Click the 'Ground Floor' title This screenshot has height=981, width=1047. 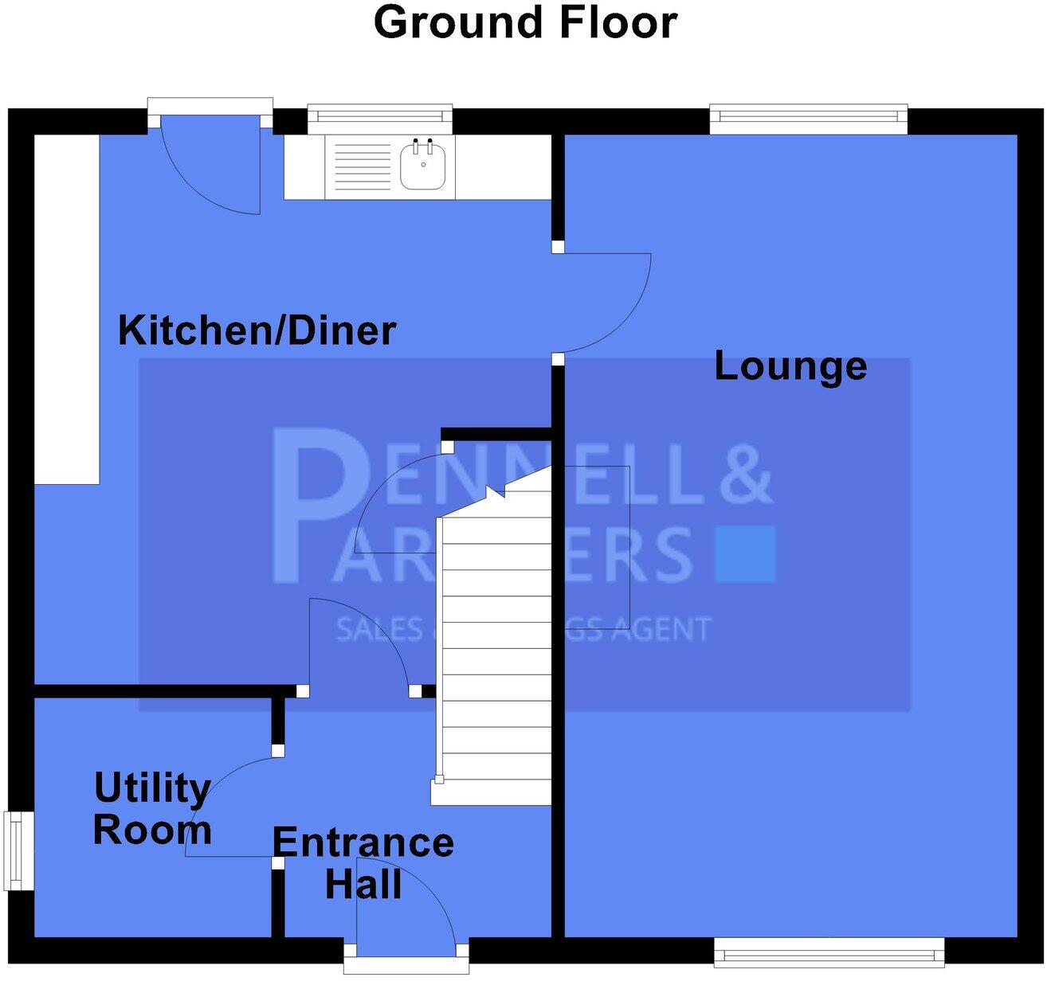pyautogui.click(x=525, y=22)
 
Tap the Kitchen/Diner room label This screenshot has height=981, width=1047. pyautogui.click(x=257, y=330)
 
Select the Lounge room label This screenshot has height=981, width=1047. pyautogui.click(x=790, y=365)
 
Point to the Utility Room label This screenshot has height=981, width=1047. pyautogui.click(x=152, y=808)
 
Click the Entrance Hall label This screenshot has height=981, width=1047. pyautogui.click(x=363, y=863)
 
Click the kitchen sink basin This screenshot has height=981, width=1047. pyautogui.click(x=422, y=166)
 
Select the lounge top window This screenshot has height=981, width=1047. pyautogui.click(x=808, y=120)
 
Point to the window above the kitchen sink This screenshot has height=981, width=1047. pyautogui.click(x=380, y=120)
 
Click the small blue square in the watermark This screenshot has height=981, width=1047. pyautogui.click(x=745, y=553)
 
